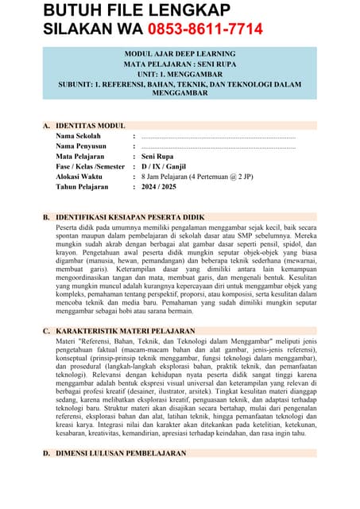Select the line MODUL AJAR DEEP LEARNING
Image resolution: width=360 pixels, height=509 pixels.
coord(179,53)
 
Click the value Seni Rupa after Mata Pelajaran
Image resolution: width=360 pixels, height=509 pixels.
coord(157,157)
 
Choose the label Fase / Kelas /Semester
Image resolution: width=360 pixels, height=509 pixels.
coord(91,167)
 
